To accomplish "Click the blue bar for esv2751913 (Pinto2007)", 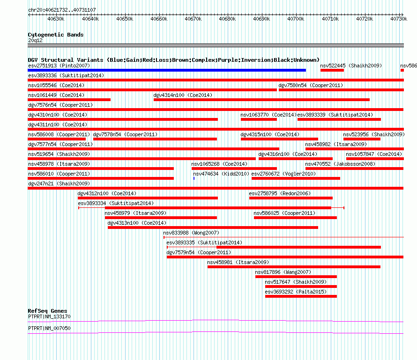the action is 167,70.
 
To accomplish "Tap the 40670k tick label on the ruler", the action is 193,19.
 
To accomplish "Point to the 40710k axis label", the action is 330,19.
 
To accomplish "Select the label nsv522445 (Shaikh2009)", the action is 351,66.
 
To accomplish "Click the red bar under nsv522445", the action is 332,70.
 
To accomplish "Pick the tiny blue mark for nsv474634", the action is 194,178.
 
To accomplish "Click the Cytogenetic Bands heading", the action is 56,35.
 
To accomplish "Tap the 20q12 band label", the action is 35,40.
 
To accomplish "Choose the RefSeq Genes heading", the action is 47,311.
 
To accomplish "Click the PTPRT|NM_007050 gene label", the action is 49,328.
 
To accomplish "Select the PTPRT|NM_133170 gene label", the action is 49,316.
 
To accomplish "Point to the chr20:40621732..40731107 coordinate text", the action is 62,10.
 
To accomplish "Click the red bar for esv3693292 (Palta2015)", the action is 301,296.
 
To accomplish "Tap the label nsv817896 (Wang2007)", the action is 283,272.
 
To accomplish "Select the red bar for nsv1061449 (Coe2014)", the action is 69,100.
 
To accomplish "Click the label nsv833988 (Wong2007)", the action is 191,233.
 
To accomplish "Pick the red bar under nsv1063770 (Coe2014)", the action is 259,119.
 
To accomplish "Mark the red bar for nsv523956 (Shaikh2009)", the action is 362,139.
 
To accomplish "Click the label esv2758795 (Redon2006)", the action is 280,193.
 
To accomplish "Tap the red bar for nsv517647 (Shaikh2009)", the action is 301,287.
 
